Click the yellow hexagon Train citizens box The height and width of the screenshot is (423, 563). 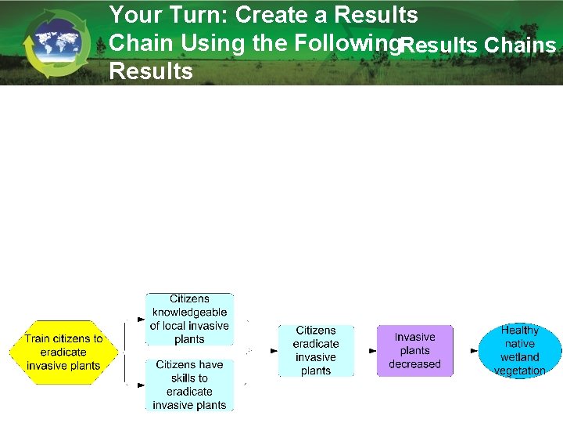point(63,352)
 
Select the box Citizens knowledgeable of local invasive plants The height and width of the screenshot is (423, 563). point(189,319)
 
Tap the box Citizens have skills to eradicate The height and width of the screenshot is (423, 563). point(189,385)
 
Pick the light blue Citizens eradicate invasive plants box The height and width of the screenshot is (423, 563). point(316,351)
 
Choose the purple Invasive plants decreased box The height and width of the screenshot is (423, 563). point(414,350)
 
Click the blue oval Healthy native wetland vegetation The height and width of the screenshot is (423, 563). point(520,350)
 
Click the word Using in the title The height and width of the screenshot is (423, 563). point(209,43)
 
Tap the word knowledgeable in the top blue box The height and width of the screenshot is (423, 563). point(189,313)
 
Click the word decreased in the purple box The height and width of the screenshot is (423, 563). point(414,364)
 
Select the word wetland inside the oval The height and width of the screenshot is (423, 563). point(520,357)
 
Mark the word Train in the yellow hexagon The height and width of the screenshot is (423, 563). point(39,339)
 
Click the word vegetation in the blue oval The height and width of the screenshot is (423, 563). point(520,371)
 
